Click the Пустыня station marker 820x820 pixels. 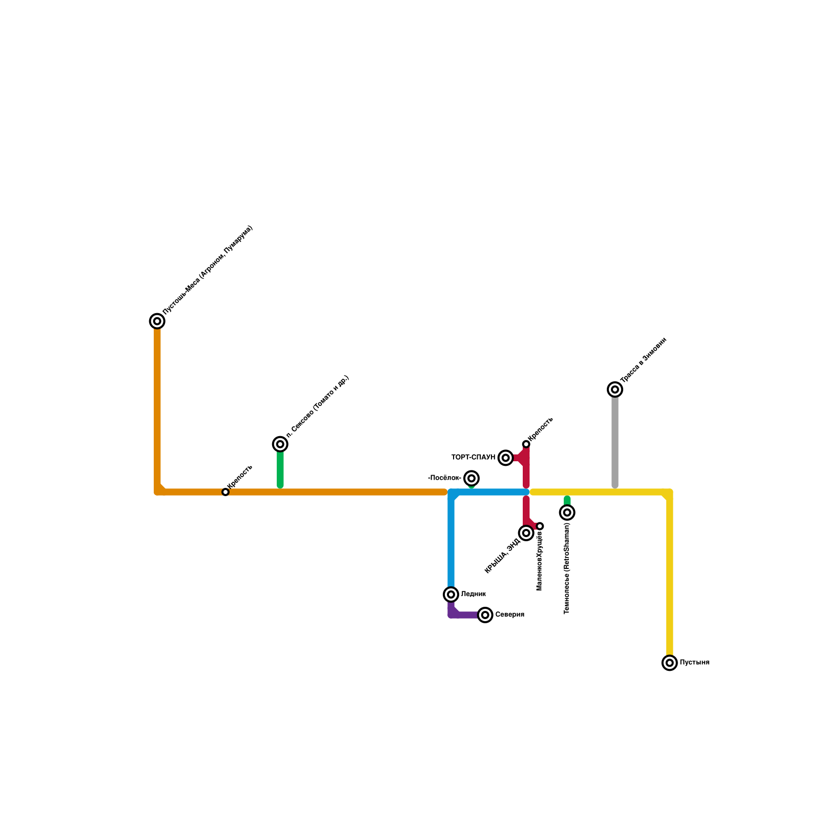669,663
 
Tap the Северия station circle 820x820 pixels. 485,614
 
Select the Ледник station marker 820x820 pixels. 451,594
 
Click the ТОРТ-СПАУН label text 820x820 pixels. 473,457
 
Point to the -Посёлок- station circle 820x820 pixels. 471,478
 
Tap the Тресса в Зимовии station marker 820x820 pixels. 615,389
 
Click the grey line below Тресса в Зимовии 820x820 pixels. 615,441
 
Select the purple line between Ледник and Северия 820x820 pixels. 464,615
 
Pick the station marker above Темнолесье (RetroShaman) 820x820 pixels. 567,512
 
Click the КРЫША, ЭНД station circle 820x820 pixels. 526,533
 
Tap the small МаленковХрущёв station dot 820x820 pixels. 540,526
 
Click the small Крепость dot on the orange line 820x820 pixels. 225,492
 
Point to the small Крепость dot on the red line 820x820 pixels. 526,444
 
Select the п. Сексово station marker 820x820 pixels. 280,444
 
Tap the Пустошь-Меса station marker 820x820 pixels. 157,321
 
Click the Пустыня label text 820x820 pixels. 694,663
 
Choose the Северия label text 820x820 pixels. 509,614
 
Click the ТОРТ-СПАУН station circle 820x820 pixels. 506,458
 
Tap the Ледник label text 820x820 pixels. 473,594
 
